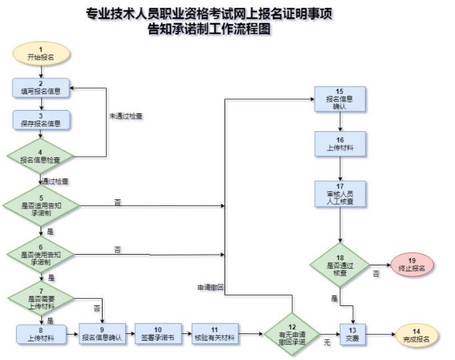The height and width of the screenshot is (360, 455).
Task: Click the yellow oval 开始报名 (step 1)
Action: coord(41,54)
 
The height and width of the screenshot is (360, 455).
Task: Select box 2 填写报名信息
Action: coord(41,88)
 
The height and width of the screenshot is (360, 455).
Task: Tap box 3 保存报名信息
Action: coord(41,119)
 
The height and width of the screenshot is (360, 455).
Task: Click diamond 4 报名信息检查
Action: coord(41,157)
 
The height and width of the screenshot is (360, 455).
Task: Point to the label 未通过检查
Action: coord(126,117)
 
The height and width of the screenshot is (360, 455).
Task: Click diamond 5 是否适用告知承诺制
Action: coord(41,205)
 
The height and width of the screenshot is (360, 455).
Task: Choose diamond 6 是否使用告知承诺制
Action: coord(41,255)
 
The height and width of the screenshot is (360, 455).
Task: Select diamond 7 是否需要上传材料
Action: coord(41,299)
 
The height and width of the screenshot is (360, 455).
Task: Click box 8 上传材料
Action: coord(41,335)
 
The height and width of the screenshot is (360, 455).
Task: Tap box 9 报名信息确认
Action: coord(103,334)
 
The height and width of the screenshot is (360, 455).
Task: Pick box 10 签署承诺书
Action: coord(158,334)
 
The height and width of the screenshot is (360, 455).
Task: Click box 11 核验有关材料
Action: coord(215,334)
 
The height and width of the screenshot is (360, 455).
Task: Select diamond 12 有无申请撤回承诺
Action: coord(292,335)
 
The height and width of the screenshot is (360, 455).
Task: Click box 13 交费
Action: coord(352,335)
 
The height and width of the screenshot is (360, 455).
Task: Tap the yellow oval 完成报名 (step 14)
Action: coord(417,335)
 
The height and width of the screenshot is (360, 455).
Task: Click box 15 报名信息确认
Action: coord(340,99)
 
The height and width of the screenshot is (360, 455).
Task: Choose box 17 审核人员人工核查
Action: coord(340,193)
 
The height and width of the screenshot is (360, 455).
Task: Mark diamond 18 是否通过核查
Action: coord(340,265)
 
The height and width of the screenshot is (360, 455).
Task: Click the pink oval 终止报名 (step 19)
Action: coord(412,265)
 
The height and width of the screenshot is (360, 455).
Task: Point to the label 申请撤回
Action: coord(211,287)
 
